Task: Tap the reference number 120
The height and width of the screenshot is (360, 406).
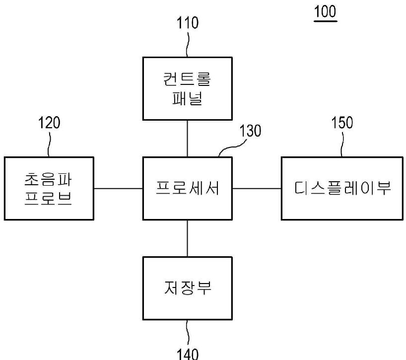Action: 49,123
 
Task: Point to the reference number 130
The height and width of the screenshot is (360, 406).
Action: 250,131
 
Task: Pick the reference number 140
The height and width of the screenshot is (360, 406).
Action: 188,353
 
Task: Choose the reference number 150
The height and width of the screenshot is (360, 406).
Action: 342,123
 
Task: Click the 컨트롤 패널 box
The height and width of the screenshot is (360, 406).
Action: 187,88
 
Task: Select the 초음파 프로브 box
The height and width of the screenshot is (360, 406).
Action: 49,188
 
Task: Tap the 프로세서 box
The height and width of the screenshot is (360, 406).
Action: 187,188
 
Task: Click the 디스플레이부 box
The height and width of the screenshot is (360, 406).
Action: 342,188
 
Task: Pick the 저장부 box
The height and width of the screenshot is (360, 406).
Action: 187,288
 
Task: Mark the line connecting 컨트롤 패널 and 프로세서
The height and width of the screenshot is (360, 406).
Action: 187,139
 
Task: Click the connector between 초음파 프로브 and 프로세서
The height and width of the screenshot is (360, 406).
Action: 118,188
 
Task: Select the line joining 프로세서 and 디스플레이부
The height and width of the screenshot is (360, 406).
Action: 257,188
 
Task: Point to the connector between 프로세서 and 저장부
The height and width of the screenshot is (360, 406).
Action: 187,238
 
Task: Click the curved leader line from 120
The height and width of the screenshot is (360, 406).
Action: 49,144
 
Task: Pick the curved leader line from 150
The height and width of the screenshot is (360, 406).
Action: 342,144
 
